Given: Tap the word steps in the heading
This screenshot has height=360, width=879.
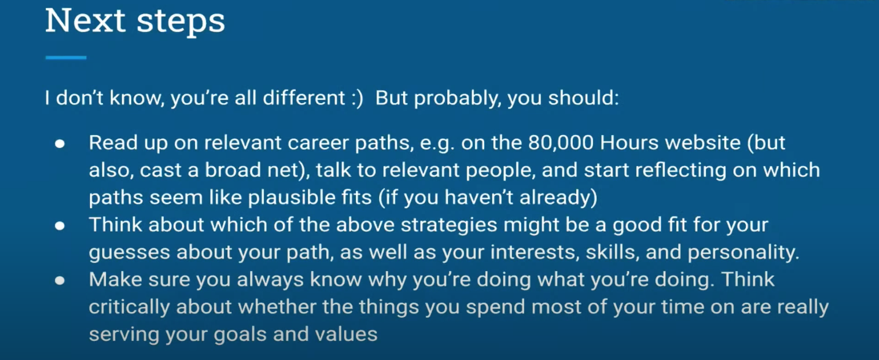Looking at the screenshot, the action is pyautogui.click(x=181, y=23).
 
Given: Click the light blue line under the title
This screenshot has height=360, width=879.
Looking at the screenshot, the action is pyautogui.click(x=66, y=58).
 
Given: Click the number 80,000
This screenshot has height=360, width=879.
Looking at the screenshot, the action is pyautogui.click(x=560, y=143).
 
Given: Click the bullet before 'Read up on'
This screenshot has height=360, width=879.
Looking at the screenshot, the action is pyautogui.click(x=60, y=144).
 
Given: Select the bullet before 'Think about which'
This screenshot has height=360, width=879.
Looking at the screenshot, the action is pyautogui.click(x=60, y=226).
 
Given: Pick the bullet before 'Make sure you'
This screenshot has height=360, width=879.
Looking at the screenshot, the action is pyautogui.click(x=60, y=280).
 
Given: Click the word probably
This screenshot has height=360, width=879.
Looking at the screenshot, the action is pyautogui.click(x=458, y=98).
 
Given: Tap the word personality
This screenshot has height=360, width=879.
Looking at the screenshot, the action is pyautogui.click(x=743, y=252).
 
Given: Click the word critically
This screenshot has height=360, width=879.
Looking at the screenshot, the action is pyautogui.click(x=129, y=307).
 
